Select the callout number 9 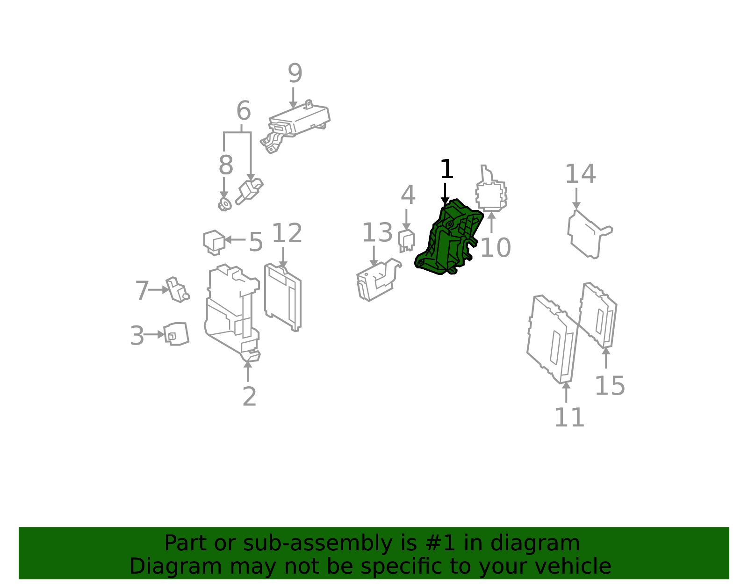[x=295, y=73]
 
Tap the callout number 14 [x=580, y=174]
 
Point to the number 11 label [x=569, y=418]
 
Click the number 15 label [x=610, y=386]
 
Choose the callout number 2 [x=249, y=397]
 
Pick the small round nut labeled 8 [x=225, y=205]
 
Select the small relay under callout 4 [x=406, y=240]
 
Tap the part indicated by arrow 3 [x=176, y=334]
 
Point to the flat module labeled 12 [x=283, y=297]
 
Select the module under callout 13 [x=377, y=280]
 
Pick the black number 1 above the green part [x=447, y=169]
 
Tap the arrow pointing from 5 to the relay [x=235, y=239]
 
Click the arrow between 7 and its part [x=159, y=290]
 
